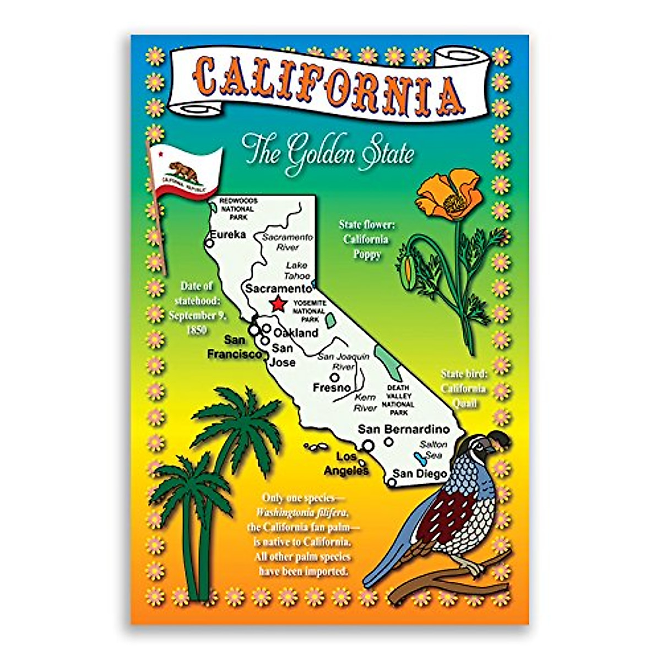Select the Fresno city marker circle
click(x=334, y=377)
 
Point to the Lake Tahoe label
click(x=297, y=270)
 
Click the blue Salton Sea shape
click(x=419, y=457)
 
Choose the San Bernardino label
click(x=404, y=429)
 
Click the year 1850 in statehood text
click(x=196, y=330)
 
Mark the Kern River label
click(x=365, y=403)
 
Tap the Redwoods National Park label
click(x=237, y=209)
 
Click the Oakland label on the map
click(x=296, y=333)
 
